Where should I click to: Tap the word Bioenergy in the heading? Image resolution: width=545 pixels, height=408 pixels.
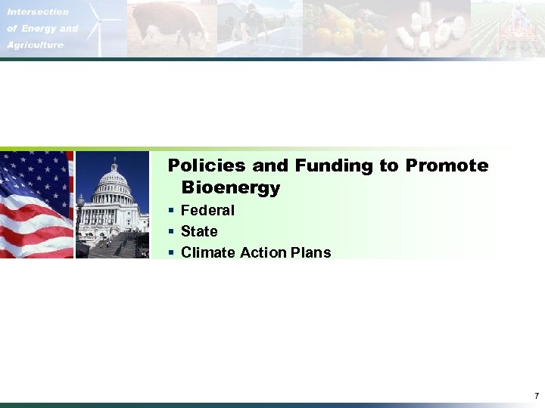coord(231,187)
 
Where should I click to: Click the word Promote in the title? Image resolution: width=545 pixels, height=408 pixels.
coord(447,165)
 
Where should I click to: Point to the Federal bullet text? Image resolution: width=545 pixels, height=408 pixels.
coord(207,210)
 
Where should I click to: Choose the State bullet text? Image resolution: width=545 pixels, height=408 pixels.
coord(199,231)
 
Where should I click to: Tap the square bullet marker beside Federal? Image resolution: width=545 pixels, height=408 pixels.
coord(172,210)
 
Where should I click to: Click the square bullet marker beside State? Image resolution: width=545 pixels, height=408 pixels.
coord(172,231)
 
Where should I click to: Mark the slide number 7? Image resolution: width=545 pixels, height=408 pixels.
coord(536,396)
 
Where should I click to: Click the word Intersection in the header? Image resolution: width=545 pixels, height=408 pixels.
coord(38,12)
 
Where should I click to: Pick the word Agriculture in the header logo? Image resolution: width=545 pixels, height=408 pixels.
coord(36,45)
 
